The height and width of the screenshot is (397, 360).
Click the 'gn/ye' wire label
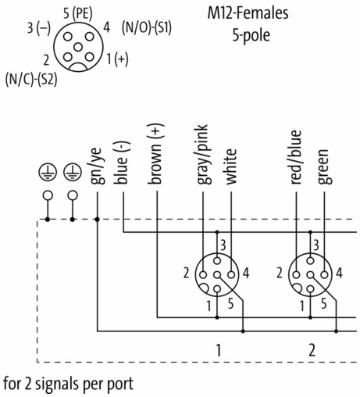(98, 166)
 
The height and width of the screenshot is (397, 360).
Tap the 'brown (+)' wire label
(155, 154)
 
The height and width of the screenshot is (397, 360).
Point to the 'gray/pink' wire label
(204, 155)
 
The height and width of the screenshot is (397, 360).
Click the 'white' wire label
(230, 166)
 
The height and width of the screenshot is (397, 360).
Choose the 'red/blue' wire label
(296, 157)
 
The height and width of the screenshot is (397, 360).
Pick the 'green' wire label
(324, 166)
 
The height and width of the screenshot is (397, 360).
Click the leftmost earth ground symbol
(48, 173)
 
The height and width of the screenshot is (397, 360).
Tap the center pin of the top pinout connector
(78, 47)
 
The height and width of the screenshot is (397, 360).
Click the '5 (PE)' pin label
(78, 13)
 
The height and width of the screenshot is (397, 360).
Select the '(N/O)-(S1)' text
(147, 27)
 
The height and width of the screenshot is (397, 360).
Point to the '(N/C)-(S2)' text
(31, 80)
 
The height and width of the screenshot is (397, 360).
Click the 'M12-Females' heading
(248, 13)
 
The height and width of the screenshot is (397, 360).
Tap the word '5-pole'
(251, 35)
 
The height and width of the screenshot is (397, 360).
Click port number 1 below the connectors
(219, 350)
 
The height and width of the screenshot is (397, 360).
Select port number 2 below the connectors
(312, 350)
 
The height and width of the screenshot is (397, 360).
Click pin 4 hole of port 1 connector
(231, 274)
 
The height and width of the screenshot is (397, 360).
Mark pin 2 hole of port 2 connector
(296, 274)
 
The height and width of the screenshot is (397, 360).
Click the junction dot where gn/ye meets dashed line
(97, 220)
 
